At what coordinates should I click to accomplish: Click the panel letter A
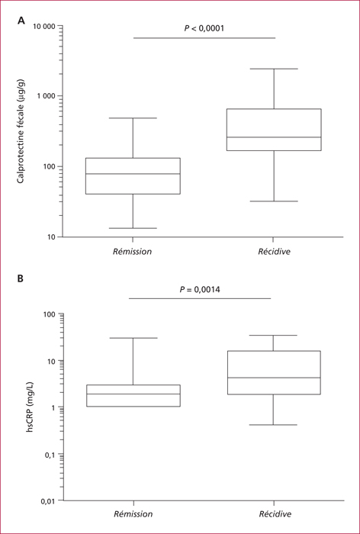[21, 21]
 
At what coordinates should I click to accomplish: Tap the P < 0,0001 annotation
[204, 28]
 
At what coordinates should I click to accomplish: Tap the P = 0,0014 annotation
[200, 290]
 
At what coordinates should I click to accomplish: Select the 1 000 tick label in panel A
[46, 96]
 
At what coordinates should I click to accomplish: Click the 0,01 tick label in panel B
[50, 500]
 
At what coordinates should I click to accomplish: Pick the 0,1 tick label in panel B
[51, 454]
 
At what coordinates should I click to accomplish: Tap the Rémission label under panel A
[133, 252]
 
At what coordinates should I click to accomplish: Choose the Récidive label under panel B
[275, 514]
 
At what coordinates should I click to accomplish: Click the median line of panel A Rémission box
[133, 174]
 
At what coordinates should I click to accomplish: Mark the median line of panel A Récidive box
[274, 137]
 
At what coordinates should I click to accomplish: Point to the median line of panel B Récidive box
[273, 378]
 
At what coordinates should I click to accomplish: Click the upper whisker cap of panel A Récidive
[274, 69]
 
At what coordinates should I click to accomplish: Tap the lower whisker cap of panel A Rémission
[133, 228]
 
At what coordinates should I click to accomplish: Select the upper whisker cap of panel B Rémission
[133, 338]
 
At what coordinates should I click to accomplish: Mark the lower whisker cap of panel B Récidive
[273, 425]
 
